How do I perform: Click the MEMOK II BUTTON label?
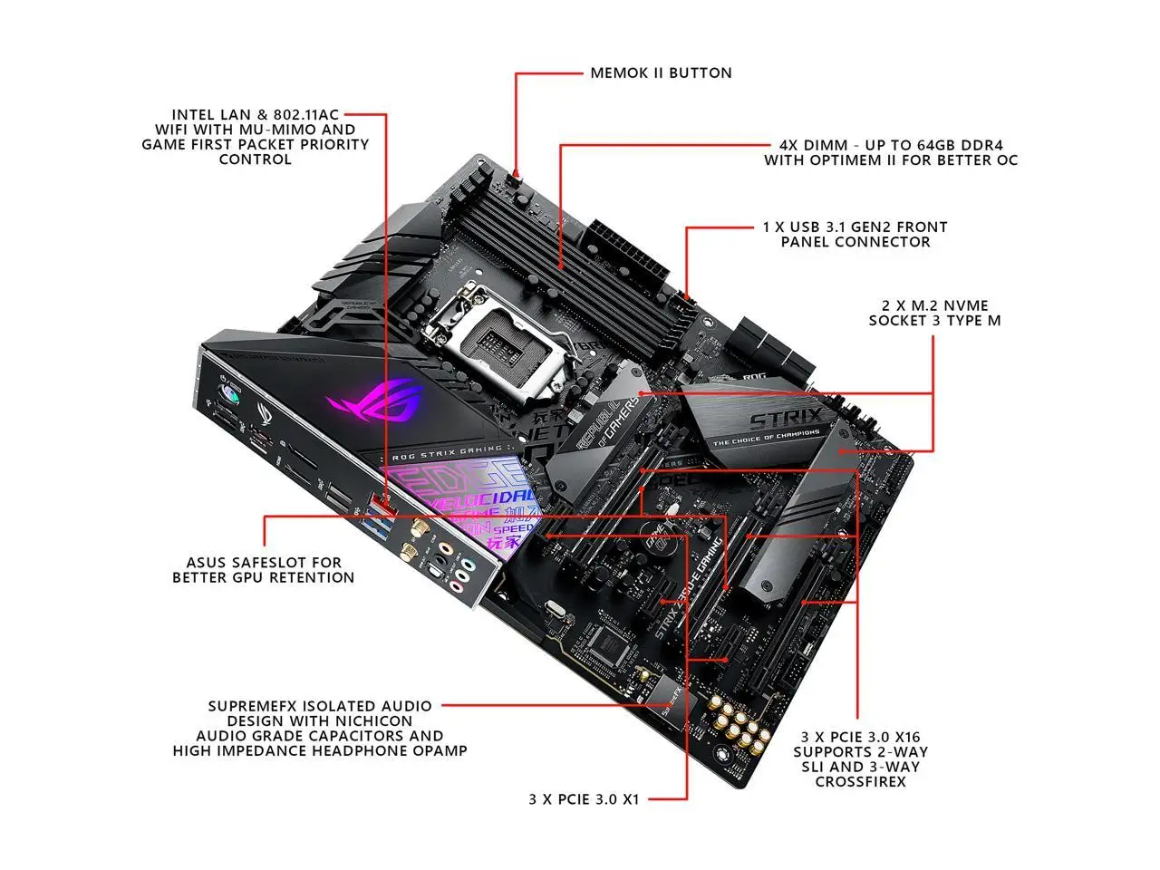click(661, 72)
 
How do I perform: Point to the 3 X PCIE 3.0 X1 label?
click(584, 799)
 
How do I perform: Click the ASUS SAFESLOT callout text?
click(264, 569)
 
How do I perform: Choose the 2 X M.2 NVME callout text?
click(934, 313)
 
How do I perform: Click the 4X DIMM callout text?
click(890, 152)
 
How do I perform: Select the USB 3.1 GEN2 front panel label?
click(855, 234)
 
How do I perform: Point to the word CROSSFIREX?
click(860, 781)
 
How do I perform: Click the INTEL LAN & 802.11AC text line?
click(255, 114)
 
